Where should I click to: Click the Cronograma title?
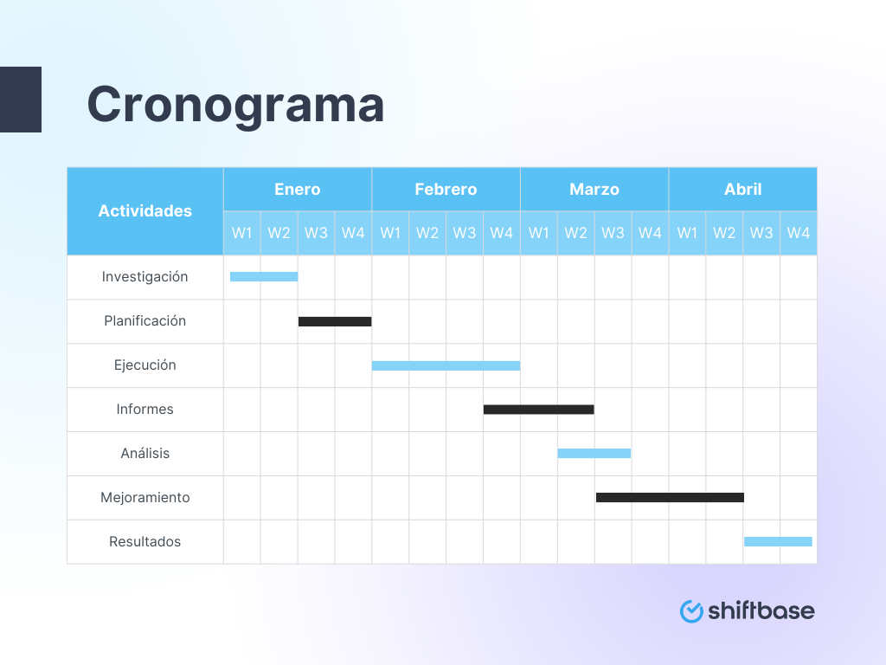point(235,106)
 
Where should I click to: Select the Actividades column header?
point(145,211)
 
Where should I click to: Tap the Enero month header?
point(298,190)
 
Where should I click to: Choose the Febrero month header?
point(446,190)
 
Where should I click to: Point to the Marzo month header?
point(594,190)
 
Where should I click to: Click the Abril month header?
point(742,190)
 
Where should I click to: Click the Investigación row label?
point(145,277)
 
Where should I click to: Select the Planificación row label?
point(145,321)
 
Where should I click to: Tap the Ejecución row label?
point(145,365)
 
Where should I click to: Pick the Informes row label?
point(145,410)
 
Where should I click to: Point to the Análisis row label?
point(145,454)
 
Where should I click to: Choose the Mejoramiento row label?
point(145,498)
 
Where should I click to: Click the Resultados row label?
point(145,542)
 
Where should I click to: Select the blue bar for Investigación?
point(264,277)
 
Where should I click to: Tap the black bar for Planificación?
point(335,321)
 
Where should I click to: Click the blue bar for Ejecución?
point(446,365)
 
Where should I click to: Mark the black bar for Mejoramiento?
point(670,498)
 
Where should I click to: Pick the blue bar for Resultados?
point(778,542)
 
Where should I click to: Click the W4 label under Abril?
point(799,233)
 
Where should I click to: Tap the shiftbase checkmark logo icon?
point(691,611)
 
